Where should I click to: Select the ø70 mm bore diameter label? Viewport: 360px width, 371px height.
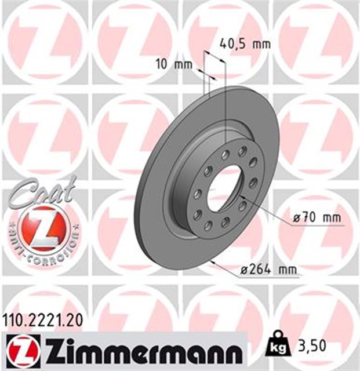pos(318,219)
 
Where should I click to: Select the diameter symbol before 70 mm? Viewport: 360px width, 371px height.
pos(297,219)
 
